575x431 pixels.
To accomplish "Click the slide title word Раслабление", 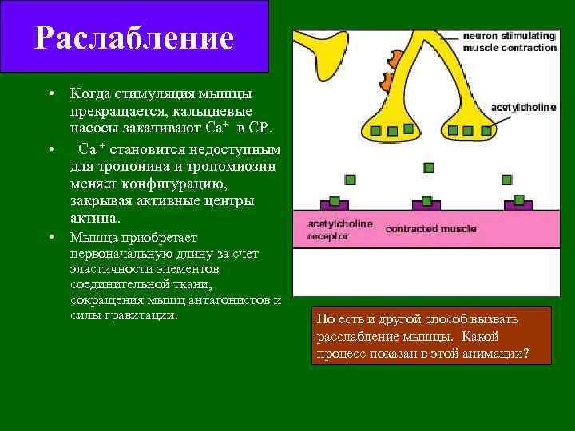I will [x=134, y=38].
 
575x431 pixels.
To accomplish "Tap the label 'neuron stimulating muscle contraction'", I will [x=510, y=42].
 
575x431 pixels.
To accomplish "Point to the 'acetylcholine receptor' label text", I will [x=340, y=230].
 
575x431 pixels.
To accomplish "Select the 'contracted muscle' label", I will [x=430, y=229].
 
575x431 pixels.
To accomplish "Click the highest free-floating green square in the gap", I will [x=429, y=168].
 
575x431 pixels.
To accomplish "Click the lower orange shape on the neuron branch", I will [x=386, y=80].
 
